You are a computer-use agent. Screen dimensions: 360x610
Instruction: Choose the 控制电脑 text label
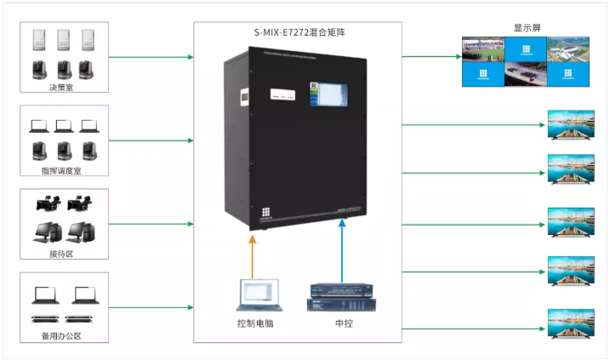click(x=255, y=324)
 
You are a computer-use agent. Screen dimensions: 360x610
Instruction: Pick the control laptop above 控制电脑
click(x=254, y=294)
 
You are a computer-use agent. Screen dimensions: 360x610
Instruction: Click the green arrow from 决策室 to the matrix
click(x=153, y=58)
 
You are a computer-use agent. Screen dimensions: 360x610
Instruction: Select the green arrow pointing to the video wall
click(x=430, y=58)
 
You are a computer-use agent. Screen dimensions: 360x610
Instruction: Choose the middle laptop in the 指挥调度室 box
click(x=63, y=126)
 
